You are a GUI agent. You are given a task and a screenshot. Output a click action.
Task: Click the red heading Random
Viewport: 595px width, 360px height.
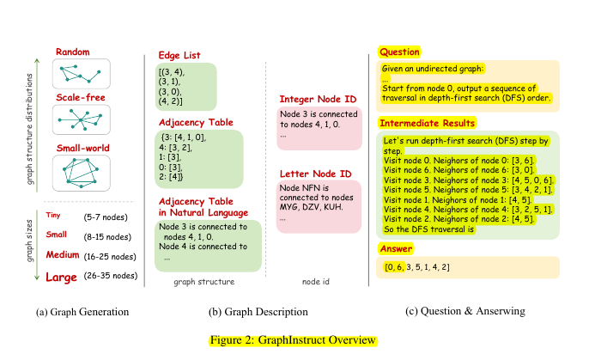click(x=73, y=52)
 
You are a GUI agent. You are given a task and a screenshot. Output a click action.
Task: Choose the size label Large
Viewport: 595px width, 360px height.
click(x=67, y=276)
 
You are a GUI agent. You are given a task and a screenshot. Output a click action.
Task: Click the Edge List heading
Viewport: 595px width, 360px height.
click(x=179, y=56)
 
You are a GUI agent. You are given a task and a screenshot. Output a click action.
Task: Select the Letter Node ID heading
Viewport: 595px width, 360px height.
click(x=315, y=175)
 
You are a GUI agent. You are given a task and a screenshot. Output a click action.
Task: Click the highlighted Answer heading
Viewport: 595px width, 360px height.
click(x=395, y=248)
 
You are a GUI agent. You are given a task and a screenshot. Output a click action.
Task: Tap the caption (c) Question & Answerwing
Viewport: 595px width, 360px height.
click(x=467, y=311)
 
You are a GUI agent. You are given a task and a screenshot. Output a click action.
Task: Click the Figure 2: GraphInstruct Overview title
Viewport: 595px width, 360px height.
click(x=292, y=339)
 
